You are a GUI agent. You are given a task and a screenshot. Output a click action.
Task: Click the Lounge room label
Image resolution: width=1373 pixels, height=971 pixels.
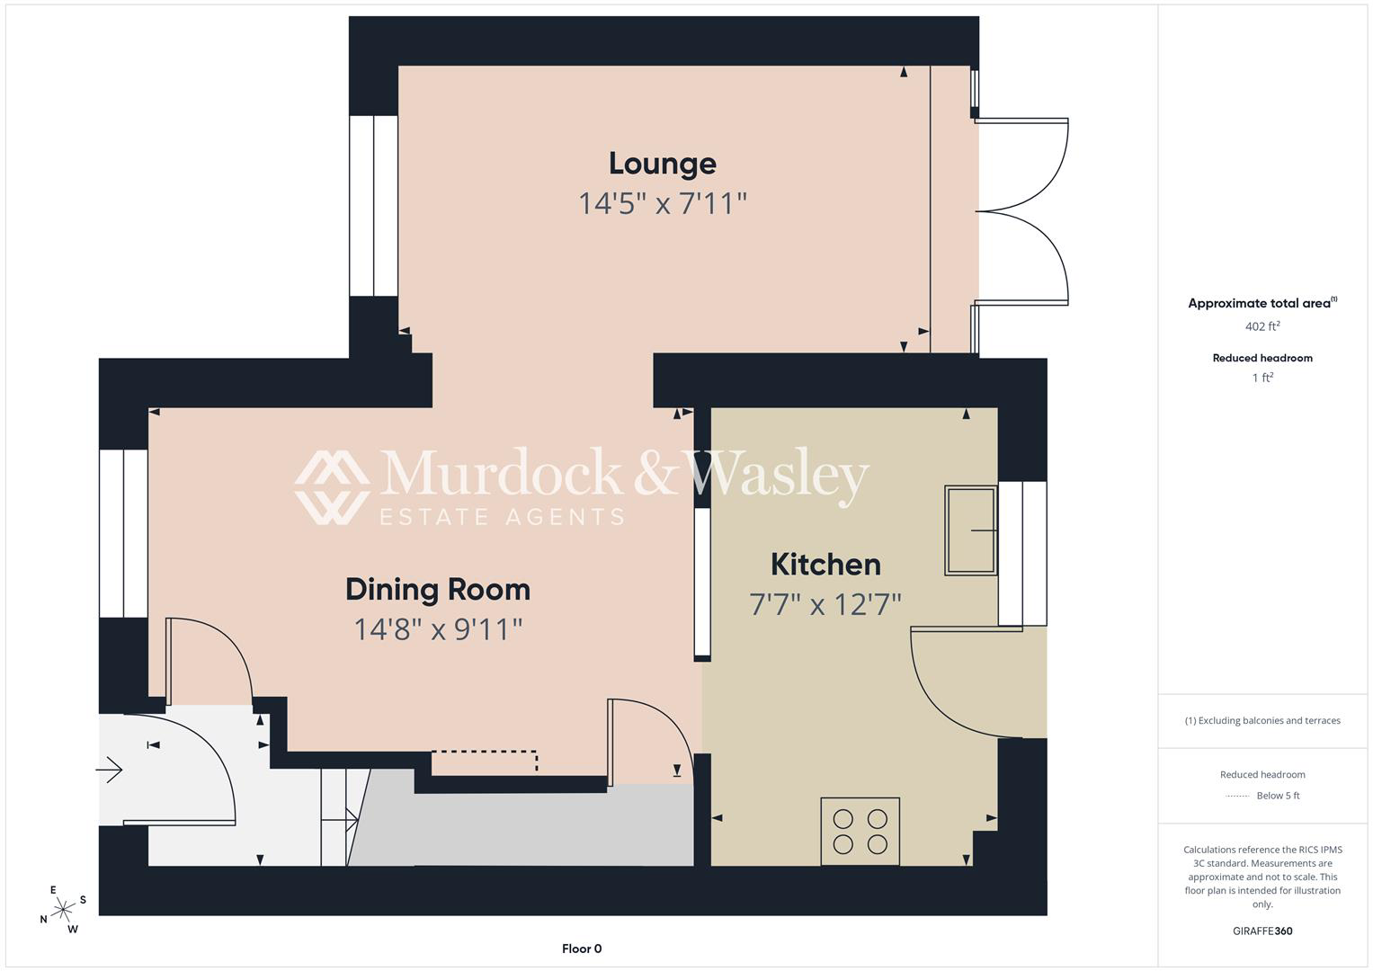[x=663, y=164]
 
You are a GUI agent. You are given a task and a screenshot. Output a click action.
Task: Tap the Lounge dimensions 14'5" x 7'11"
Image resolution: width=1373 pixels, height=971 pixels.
[x=663, y=203]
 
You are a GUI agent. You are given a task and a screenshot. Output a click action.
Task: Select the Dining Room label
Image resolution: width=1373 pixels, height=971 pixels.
[x=438, y=590]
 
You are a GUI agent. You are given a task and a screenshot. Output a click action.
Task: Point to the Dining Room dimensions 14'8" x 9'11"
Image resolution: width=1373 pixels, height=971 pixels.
[x=438, y=629]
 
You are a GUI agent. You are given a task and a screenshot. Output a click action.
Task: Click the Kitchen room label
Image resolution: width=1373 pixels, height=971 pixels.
[x=825, y=564]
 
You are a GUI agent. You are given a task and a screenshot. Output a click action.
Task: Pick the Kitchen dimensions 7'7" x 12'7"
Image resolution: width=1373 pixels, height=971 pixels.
[x=825, y=604]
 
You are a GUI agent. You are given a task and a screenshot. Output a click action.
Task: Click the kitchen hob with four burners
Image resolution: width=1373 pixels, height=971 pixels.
[x=860, y=832]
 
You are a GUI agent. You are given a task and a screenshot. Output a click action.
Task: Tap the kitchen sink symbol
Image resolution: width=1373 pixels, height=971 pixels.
[x=971, y=530]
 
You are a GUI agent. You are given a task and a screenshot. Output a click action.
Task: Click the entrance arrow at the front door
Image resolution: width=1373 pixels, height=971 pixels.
[x=109, y=770]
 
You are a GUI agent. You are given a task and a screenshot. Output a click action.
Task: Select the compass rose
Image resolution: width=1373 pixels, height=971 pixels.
[x=63, y=909]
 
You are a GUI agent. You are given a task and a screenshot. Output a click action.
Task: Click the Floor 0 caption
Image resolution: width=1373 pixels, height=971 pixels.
[x=582, y=949]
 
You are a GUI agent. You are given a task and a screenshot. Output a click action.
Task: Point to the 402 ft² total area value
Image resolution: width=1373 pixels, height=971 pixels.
[x=1262, y=326]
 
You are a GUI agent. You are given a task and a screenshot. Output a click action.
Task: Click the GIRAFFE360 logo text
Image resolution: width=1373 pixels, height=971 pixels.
[x=1262, y=931]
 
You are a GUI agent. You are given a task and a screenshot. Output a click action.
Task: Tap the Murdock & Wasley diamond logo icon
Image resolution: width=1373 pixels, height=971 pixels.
[x=332, y=487]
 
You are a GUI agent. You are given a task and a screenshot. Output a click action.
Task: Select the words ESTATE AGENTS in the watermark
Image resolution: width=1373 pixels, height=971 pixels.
[x=502, y=517]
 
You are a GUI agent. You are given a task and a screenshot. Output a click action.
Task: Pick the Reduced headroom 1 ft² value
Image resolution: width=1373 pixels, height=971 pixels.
[x=1262, y=378]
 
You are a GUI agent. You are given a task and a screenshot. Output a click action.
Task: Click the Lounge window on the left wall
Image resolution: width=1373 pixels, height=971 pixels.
[x=373, y=206]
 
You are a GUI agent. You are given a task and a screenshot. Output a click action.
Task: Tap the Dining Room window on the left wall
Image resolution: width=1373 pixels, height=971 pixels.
[x=123, y=533]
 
